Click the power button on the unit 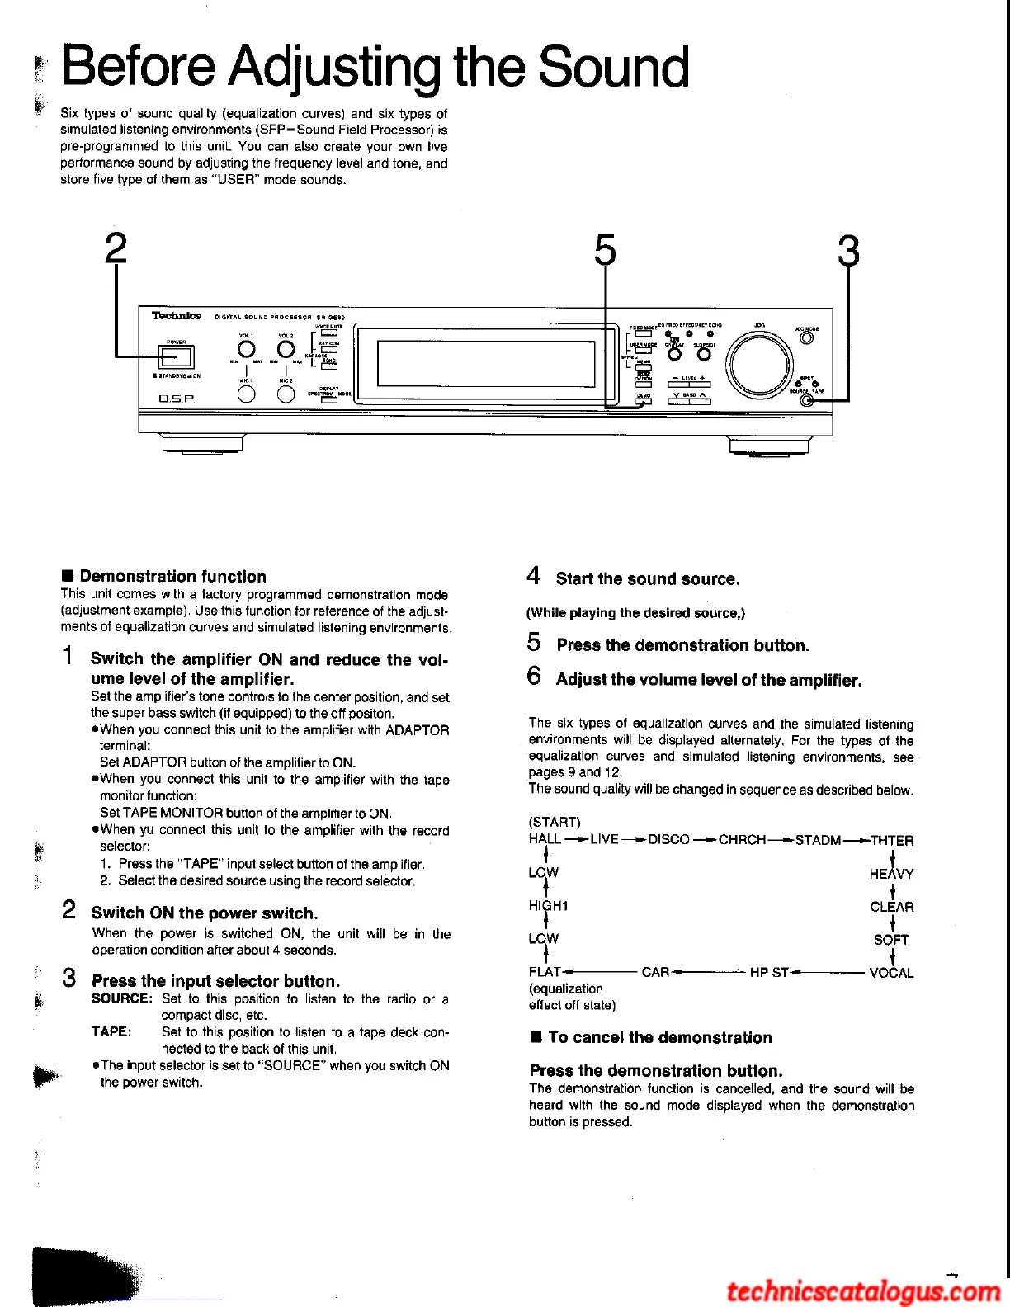(177, 356)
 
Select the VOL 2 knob (286, 352)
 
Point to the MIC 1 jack (246, 394)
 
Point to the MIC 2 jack (286, 394)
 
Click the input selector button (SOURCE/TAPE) (806, 400)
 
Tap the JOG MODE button (806, 337)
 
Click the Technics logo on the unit (176, 315)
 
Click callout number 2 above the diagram (116, 249)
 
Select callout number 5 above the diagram (605, 249)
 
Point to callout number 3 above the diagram (848, 251)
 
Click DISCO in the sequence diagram (668, 840)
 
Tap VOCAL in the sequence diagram (891, 973)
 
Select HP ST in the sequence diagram (769, 973)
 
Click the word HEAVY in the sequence (891, 874)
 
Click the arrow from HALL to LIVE (576, 840)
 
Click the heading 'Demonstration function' (172, 577)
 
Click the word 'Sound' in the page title (614, 68)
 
